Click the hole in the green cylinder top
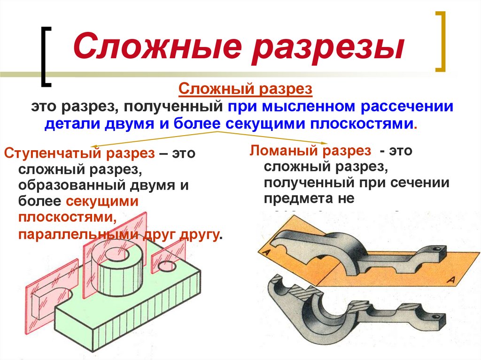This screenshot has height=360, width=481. pos(114,254)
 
